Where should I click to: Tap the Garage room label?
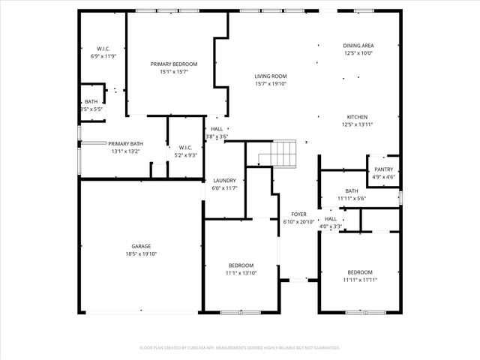[x=141, y=246]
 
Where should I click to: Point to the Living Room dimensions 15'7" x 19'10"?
[x=271, y=83]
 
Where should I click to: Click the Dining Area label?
[x=358, y=45]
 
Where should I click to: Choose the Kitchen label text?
[x=357, y=117]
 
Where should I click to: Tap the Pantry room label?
[x=383, y=169]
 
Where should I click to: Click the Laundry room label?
[x=224, y=181]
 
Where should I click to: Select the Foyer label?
[x=298, y=214]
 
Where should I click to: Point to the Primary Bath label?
[x=125, y=143]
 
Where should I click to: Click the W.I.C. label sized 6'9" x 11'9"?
[x=103, y=49]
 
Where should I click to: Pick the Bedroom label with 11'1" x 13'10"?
[x=241, y=265]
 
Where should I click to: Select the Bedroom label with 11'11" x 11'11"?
[x=359, y=271]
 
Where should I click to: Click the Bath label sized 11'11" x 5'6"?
[x=351, y=191]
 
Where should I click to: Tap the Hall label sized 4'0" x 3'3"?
[x=330, y=218]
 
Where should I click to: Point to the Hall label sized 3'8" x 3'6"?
[x=217, y=129]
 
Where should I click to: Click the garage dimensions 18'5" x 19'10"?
[x=141, y=254]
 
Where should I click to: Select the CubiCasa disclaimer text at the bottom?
[x=240, y=348]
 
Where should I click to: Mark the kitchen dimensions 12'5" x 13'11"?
[x=357, y=124]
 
